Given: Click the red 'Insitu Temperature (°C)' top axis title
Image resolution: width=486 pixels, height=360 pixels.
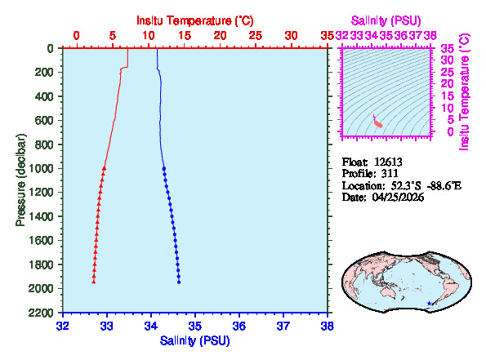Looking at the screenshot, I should pyautogui.click(x=194, y=18).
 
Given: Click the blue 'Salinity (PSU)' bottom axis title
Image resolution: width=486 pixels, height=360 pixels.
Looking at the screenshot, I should pyautogui.click(x=194, y=340).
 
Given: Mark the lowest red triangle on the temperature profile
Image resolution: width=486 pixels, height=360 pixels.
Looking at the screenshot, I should pyautogui.click(x=94, y=282).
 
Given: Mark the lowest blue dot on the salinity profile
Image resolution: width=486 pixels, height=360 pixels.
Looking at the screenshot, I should pyautogui.click(x=179, y=282).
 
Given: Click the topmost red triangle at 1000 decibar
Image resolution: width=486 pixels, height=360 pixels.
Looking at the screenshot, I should pyautogui.click(x=105, y=168).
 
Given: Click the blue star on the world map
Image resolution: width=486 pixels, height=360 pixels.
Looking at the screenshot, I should pyautogui.click(x=430, y=304).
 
